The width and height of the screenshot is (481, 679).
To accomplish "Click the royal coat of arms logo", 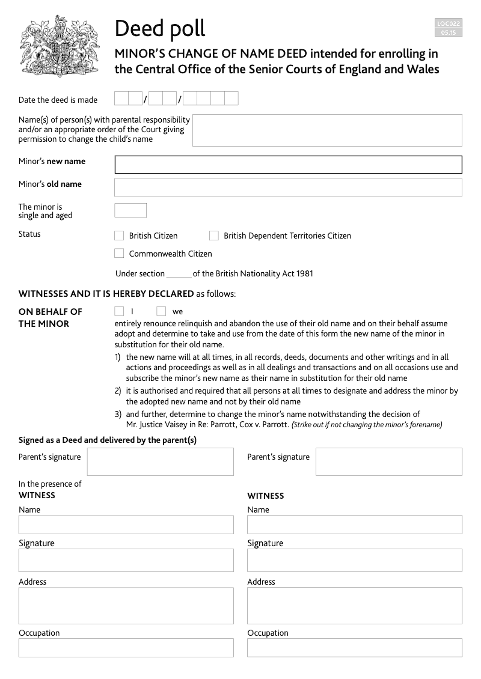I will tap(59, 46).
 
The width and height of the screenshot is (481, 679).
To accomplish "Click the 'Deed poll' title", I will tap(160, 28).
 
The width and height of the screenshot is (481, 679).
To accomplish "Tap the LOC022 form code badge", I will tap(449, 28).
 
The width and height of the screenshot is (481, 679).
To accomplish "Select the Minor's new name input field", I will tap(288, 165).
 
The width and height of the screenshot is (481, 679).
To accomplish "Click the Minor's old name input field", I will tap(288, 187).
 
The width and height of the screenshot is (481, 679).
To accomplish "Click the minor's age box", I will tap(130, 210).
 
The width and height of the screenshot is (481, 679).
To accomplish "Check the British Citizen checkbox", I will tap(119, 236).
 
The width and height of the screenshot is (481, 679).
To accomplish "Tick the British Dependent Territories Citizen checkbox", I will tap(214, 236).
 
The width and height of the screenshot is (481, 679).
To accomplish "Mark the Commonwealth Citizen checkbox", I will tap(119, 254).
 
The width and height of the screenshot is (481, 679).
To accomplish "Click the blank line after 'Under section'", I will tap(179, 274).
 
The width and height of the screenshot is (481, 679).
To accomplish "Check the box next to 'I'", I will tap(119, 311).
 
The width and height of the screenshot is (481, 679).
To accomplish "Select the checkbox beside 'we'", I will tap(161, 311).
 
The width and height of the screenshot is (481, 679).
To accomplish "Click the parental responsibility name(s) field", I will tap(327, 130).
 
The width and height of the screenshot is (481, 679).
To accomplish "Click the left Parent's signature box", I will tap(160, 461).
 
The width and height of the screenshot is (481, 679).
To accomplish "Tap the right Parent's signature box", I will tap(388, 461).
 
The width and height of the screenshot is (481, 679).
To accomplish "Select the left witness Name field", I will tap(126, 525).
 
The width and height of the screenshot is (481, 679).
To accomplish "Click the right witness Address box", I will tap(354, 606).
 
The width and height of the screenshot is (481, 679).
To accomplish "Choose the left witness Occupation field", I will tap(126, 648).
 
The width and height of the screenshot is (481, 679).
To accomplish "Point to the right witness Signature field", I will tap(354, 560).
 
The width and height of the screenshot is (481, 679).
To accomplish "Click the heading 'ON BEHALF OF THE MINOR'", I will tap(51, 317).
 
